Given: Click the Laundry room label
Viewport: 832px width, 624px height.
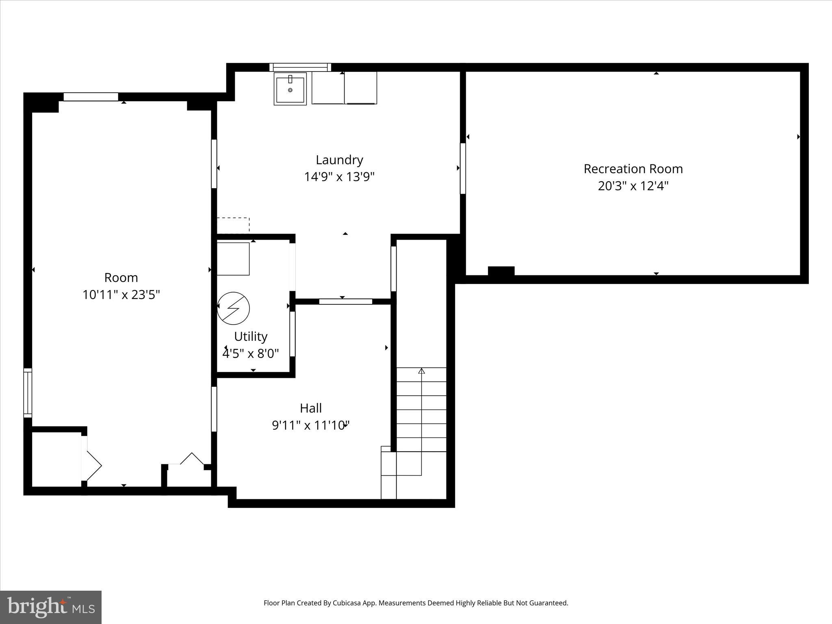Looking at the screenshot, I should click(x=339, y=160).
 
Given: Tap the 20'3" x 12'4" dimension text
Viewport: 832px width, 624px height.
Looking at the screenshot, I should click(x=633, y=186).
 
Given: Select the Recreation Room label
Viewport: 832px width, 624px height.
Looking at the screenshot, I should click(x=633, y=169).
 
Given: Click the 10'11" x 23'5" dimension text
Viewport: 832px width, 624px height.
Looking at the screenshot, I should click(x=121, y=295).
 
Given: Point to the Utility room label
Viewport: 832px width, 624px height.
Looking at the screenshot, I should click(x=251, y=336).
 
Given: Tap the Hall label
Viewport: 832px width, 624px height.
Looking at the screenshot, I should click(x=311, y=408).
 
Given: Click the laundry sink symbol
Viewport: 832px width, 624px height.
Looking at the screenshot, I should click(x=290, y=89).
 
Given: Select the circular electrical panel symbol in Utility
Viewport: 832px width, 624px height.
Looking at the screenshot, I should click(x=233, y=308).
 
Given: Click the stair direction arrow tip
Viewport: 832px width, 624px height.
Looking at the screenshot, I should click(x=422, y=370).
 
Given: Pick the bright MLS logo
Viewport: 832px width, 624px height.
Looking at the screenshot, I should click(x=51, y=607).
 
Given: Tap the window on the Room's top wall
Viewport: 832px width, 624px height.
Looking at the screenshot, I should click(x=91, y=97).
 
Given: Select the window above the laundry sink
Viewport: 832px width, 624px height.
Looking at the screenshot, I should click(x=300, y=67).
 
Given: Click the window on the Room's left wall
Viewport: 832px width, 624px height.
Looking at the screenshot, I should click(x=28, y=392).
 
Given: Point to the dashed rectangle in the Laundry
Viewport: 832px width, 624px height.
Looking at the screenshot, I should click(x=233, y=225).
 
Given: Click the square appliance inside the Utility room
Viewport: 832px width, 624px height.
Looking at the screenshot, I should click(x=233, y=259).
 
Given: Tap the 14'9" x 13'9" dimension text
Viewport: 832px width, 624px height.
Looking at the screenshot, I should click(x=339, y=177).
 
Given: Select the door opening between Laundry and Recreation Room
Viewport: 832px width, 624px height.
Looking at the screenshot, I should click(x=462, y=168).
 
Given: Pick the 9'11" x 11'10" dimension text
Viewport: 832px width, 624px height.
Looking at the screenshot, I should click(x=311, y=425).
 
